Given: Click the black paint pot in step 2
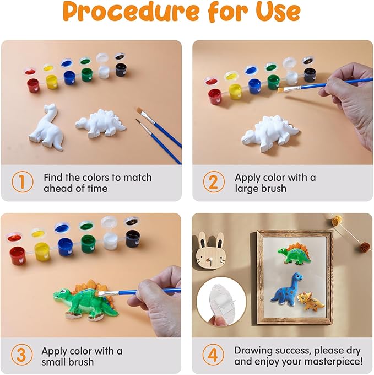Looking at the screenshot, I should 310,74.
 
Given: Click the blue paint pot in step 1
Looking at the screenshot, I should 69,77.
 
